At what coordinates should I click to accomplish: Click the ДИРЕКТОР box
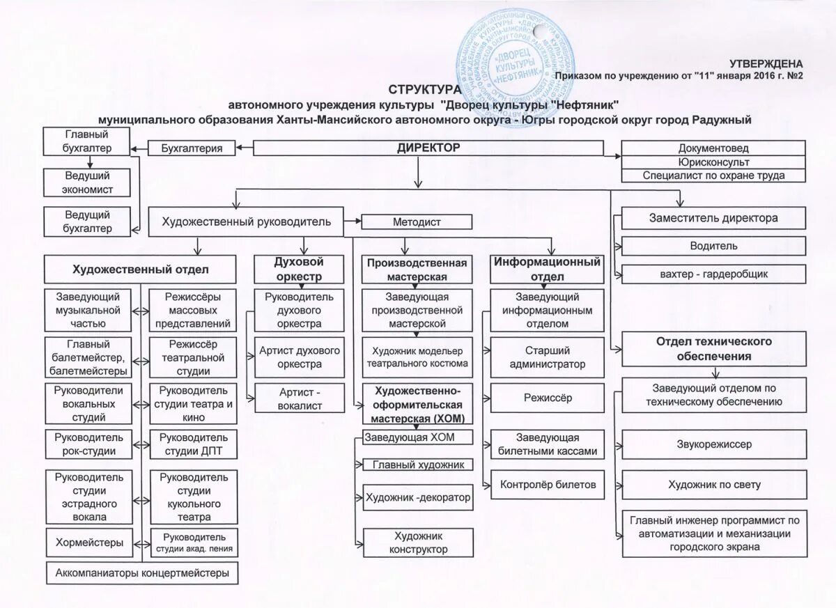click(x=428, y=148)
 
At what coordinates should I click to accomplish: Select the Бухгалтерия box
click(x=192, y=148)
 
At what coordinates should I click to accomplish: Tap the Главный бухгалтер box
click(x=87, y=141)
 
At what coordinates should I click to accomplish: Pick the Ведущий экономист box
click(x=87, y=182)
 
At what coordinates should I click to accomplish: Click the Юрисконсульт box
click(x=713, y=162)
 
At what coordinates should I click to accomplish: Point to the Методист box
click(x=417, y=222)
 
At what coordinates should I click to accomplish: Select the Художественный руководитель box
click(x=246, y=222)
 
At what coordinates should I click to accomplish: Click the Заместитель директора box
click(x=713, y=218)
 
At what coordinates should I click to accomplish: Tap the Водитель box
click(x=713, y=246)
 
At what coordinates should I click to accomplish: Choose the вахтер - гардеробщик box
click(x=713, y=274)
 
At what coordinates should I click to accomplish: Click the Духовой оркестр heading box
click(x=299, y=269)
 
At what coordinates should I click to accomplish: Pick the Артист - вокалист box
click(x=299, y=398)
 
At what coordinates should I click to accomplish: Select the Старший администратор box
click(x=547, y=357)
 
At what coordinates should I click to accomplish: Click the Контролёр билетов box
click(x=547, y=485)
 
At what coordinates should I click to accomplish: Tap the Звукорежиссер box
click(x=713, y=444)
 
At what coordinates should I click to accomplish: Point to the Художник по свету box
click(x=713, y=485)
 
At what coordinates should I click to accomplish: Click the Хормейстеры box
click(x=88, y=543)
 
